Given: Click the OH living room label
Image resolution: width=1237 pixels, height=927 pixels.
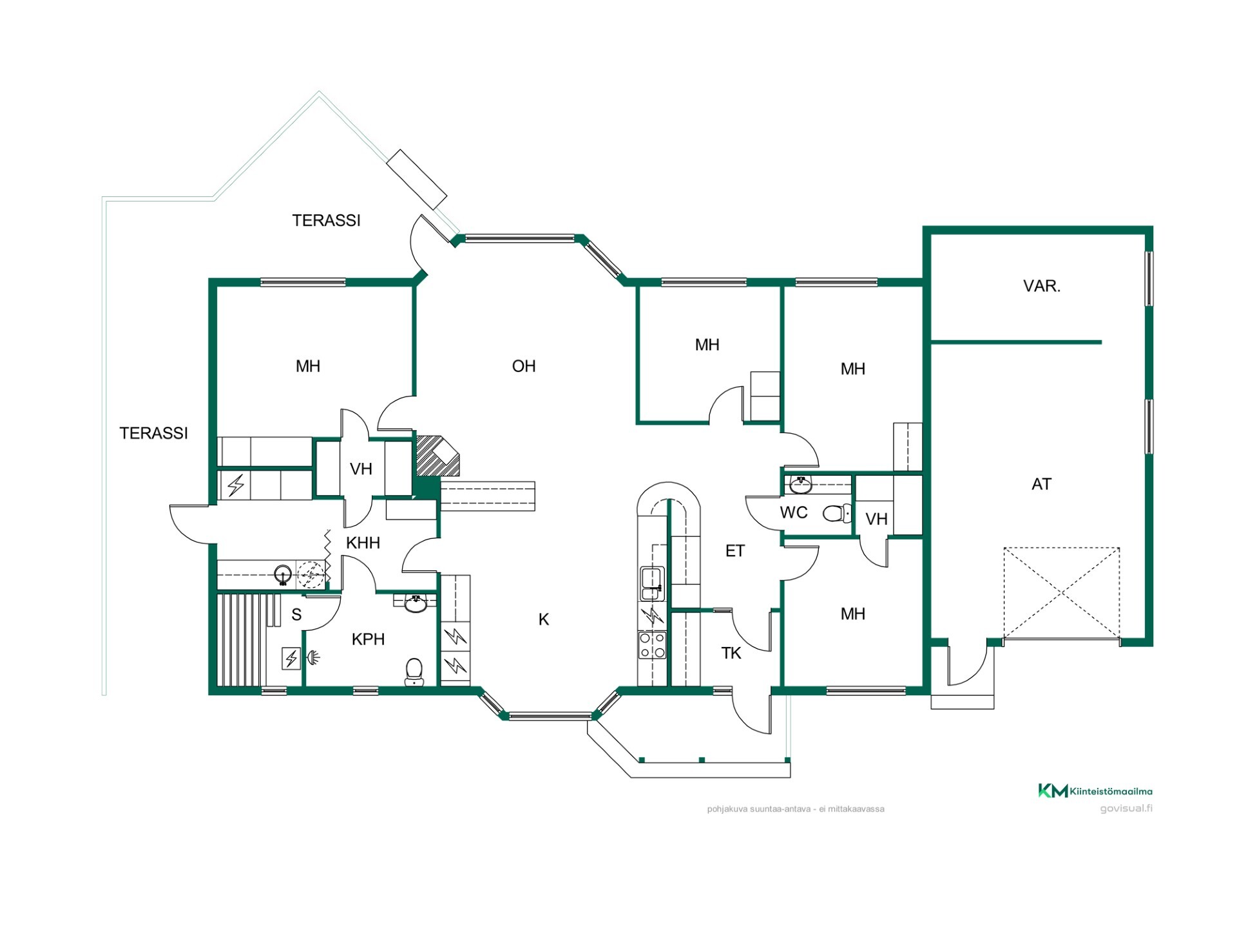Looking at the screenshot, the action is click(x=524, y=366).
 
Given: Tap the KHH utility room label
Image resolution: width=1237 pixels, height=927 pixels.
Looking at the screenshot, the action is click(x=363, y=543).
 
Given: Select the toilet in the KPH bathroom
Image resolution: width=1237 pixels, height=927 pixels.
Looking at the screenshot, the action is click(x=414, y=671).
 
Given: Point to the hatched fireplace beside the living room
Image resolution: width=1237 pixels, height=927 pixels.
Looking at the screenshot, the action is click(x=437, y=456).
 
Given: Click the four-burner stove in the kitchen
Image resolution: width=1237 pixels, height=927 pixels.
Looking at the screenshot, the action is click(x=651, y=645).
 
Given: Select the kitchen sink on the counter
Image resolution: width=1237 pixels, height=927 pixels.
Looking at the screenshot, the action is click(x=651, y=583).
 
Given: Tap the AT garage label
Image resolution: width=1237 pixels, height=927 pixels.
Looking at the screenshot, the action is click(x=1041, y=484).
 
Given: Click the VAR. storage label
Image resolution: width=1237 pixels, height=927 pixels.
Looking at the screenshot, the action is click(x=1042, y=286).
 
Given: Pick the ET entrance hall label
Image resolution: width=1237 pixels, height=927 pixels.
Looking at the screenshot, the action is click(x=734, y=551).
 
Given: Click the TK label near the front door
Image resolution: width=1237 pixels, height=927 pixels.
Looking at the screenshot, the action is click(x=731, y=653).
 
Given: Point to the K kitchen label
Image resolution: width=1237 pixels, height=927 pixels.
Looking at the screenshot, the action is click(x=544, y=619).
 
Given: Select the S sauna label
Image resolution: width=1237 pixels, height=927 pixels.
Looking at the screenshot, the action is click(x=296, y=615).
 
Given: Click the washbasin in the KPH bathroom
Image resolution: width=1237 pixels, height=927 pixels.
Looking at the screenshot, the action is click(x=416, y=603).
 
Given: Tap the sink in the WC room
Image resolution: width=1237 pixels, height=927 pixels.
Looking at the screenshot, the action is click(x=801, y=484).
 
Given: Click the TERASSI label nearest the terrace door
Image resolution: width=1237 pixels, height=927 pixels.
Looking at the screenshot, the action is click(x=326, y=220).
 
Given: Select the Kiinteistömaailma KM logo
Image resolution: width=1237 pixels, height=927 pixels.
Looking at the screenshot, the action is click(x=1095, y=791).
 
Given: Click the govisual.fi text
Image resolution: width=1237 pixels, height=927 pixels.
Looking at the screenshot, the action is click(x=1126, y=809).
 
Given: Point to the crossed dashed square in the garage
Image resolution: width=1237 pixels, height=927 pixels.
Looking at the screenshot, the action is click(x=1061, y=593).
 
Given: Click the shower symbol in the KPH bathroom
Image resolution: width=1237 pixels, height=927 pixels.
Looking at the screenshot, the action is click(x=313, y=657).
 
